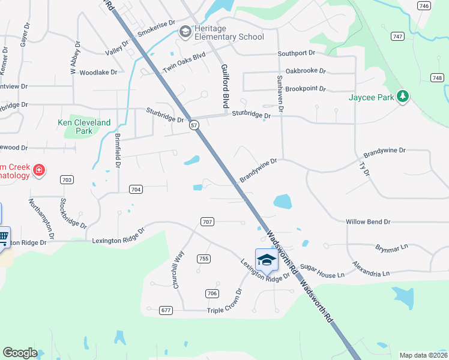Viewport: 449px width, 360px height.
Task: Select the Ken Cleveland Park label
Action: (x=84, y=127)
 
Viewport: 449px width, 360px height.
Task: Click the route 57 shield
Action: (x=194, y=125)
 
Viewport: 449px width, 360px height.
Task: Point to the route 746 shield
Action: (x=424, y=6)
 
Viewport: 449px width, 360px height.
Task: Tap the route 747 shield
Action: (x=396, y=36)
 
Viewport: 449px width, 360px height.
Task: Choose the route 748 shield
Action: (x=437, y=77)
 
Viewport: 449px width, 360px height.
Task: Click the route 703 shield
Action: (x=67, y=180)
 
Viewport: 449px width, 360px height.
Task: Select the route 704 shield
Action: (x=136, y=189)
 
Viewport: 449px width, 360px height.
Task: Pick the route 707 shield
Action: (x=207, y=222)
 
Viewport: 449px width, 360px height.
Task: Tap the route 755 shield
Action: (x=203, y=259)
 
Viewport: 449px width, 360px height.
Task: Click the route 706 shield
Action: (x=211, y=293)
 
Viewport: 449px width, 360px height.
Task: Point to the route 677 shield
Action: (x=166, y=310)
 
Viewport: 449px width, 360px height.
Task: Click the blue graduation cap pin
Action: (x=266, y=260)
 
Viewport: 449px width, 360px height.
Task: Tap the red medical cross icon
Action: (x=39, y=170)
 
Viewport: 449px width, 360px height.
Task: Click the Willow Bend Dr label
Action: (x=368, y=221)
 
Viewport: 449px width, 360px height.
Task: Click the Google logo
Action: (x=20, y=353)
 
